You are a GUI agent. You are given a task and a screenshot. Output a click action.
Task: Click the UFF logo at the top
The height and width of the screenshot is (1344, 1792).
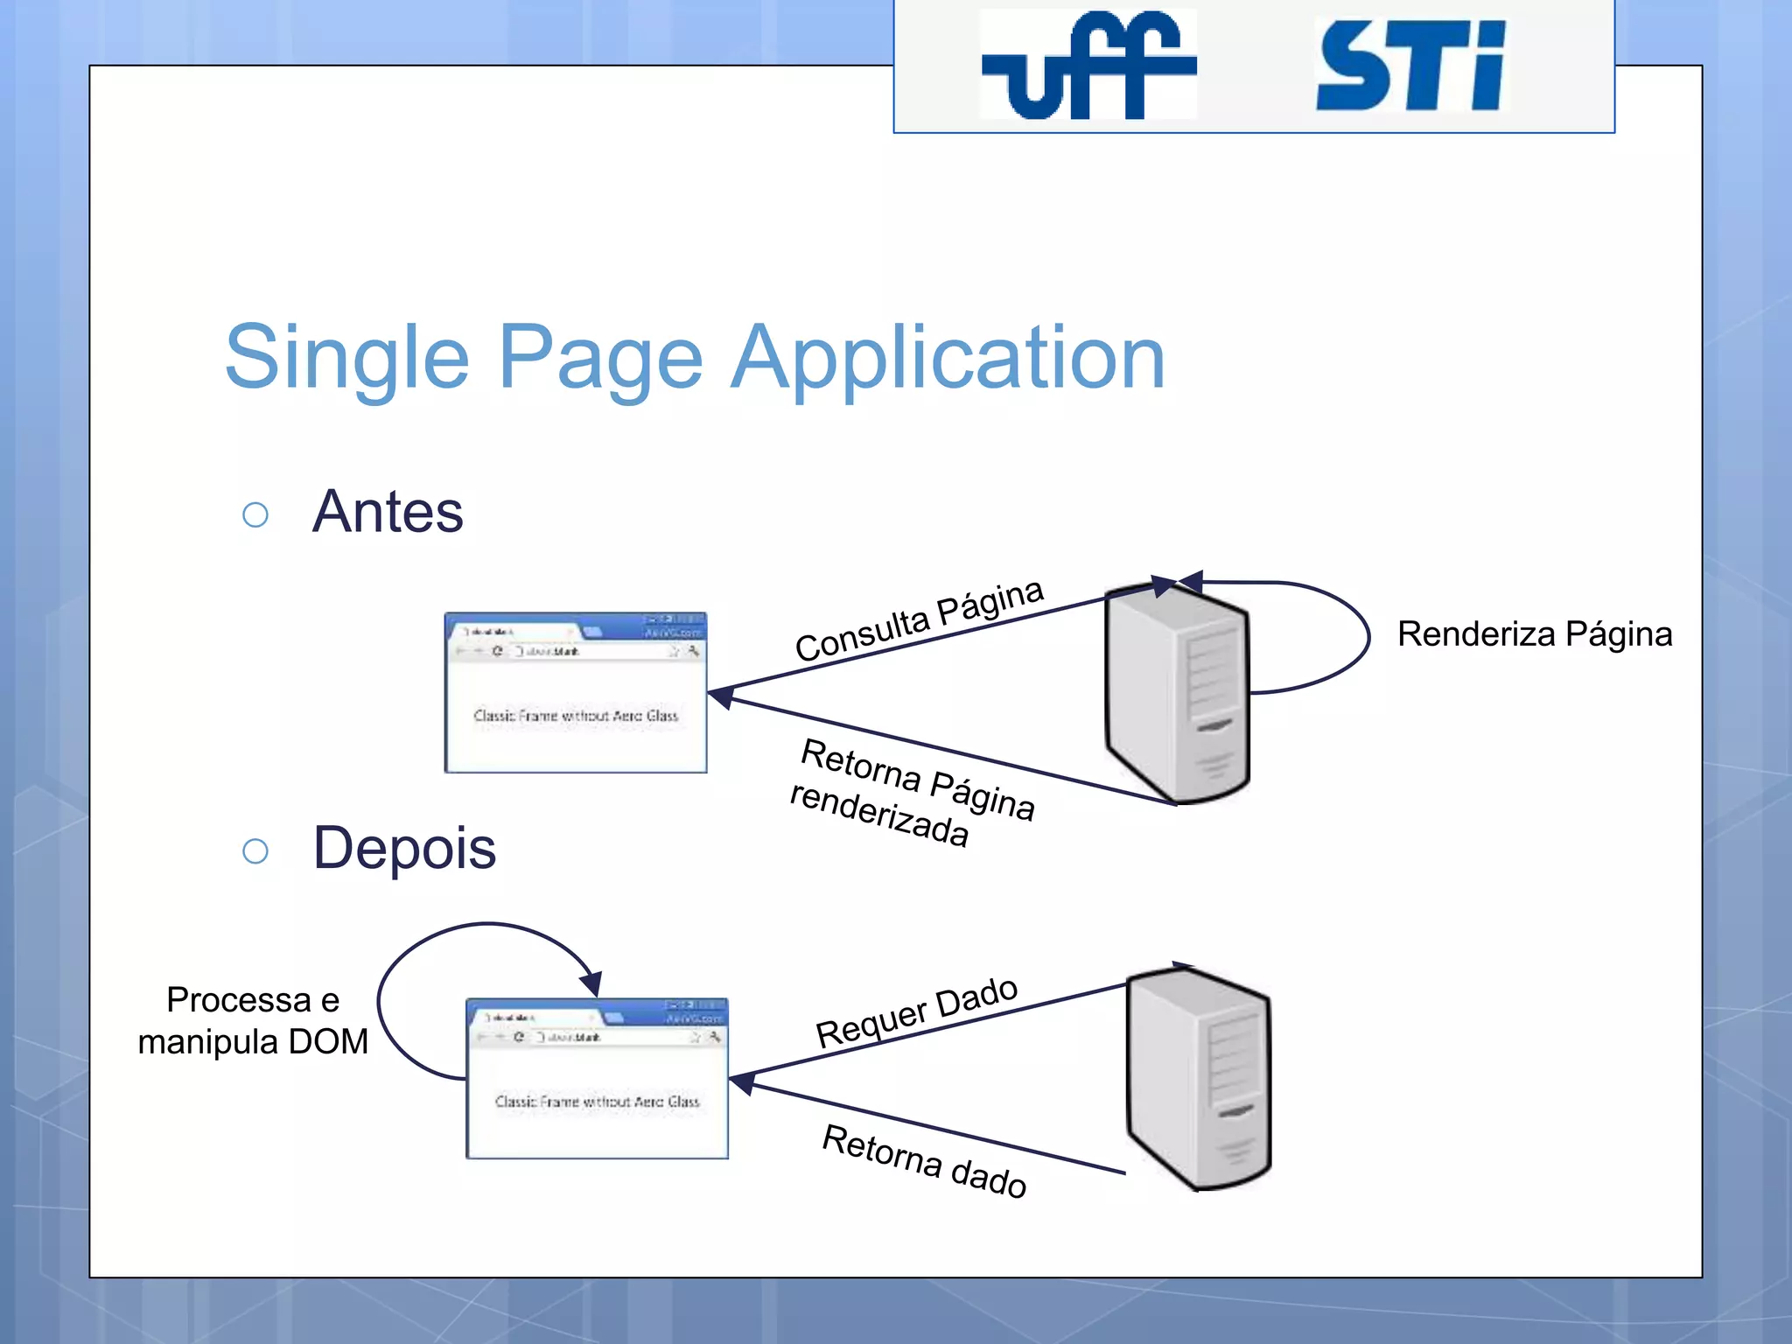coord(1088,65)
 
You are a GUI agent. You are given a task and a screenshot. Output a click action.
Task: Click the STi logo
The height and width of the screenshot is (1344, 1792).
coord(1410,66)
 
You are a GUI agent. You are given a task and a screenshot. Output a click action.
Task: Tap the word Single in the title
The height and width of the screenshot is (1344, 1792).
coord(346,358)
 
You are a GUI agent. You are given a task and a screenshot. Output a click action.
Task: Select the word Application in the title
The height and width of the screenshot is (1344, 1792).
coord(948,358)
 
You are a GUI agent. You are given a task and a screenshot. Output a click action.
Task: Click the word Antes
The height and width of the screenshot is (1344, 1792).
coord(388,512)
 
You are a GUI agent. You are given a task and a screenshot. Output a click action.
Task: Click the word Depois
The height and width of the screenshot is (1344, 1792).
coord(404,848)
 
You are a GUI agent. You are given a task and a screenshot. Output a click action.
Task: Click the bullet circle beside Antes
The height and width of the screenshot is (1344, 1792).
coord(255,514)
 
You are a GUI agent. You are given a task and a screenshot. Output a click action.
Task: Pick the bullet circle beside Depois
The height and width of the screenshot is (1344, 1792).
coord(255,850)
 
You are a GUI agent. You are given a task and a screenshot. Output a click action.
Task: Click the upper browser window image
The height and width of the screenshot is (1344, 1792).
coord(576,693)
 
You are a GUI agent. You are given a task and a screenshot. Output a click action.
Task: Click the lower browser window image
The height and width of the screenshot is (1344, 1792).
coord(597,1079)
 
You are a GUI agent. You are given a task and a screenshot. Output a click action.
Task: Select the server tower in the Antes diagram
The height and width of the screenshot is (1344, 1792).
coord(1177,691)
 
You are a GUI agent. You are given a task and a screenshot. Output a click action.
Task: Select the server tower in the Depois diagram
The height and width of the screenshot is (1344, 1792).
coord(1199,1078)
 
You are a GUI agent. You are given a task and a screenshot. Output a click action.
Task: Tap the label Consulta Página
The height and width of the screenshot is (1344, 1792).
coord(919,621)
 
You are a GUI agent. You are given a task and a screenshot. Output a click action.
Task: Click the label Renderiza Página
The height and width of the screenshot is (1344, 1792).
coord(1534,634)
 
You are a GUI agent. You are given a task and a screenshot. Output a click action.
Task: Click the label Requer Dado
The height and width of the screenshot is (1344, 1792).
coord(916,1012)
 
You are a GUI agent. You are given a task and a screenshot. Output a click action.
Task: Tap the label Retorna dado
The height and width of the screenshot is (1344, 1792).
coord(924,1162)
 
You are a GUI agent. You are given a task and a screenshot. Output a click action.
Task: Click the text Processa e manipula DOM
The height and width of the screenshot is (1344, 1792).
coord(253,1021)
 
